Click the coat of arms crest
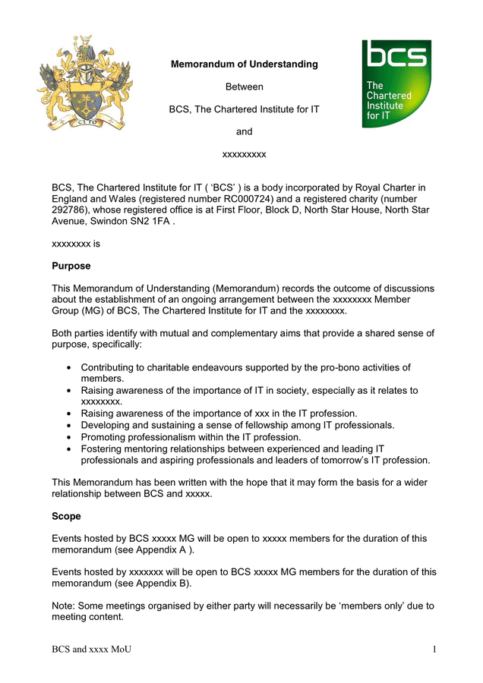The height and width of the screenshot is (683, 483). [x=71, y=83]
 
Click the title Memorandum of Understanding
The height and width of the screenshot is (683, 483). [x=244, y=65]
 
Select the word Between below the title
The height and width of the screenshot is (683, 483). [x=244, y=87]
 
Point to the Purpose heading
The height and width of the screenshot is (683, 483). [x=71, y=266]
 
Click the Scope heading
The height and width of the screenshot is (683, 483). [x=66, y=516]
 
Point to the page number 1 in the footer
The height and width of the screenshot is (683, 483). [x=434, y=649]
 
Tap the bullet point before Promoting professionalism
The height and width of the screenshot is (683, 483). [x=69, y=437]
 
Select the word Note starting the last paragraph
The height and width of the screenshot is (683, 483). [x=63, y=606]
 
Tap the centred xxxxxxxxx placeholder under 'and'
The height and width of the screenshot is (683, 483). [x=244, y=154]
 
